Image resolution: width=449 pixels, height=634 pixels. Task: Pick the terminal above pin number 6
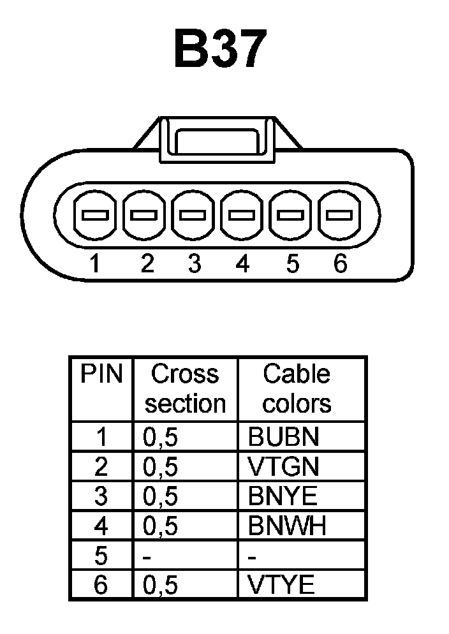click(x=339, y=215)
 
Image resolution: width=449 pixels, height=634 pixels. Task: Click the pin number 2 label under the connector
click(x=147, y=263)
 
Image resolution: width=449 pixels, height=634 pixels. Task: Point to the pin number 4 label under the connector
click(x=242, y=263)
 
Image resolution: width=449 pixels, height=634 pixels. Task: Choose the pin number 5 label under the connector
click(x=292, y=263)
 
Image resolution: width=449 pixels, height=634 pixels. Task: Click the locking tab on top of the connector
click(x=217, y=137)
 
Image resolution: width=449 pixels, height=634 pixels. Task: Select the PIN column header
click(x=101, y=374)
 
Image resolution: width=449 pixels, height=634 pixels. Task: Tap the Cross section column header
click(x=185, y=388)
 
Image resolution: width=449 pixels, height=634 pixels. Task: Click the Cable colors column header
click(x=297, y=388)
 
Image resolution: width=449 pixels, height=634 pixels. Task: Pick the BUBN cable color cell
click(x=283, y=437)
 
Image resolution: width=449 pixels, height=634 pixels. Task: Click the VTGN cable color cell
click(x=283, y=467)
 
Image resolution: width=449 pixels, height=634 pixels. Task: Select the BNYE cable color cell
click(x=283, y=496)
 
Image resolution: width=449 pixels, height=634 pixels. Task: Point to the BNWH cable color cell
click(x=287, y=526)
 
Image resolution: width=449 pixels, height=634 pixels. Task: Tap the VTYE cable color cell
click(x=281, y=586)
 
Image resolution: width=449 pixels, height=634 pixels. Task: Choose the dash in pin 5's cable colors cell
click(x=253, y=557)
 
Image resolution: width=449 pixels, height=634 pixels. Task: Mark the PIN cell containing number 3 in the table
click(x=101, y=496)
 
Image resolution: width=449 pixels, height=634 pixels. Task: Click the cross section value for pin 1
click(x=159, y=438)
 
